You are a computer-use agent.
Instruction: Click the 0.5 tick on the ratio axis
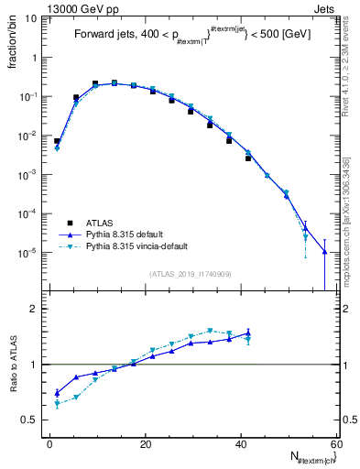click(30, 420)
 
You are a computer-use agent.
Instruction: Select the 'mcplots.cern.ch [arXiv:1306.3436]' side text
click(347, 215)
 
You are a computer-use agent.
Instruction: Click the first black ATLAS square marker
click(57, 142)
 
